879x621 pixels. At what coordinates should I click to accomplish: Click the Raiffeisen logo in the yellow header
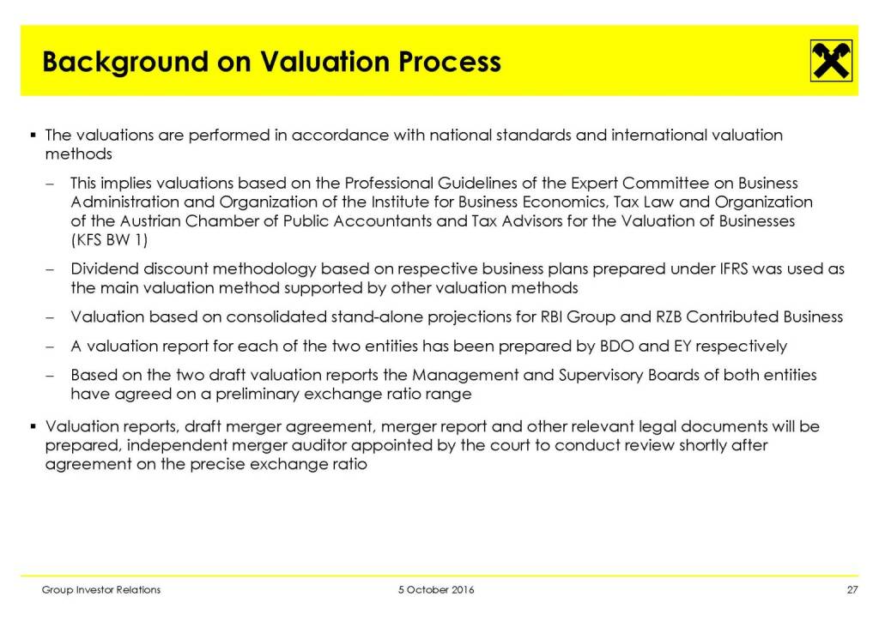(831, 61)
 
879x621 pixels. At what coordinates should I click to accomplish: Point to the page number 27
(852, 590)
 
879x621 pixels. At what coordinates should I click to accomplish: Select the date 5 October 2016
(436, 590)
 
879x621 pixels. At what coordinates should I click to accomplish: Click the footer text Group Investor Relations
(102, 590)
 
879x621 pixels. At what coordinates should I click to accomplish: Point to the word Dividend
(105, 269)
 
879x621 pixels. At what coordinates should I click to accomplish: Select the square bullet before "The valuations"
(32, 135)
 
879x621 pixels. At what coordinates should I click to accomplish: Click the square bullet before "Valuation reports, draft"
(32, 426)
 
